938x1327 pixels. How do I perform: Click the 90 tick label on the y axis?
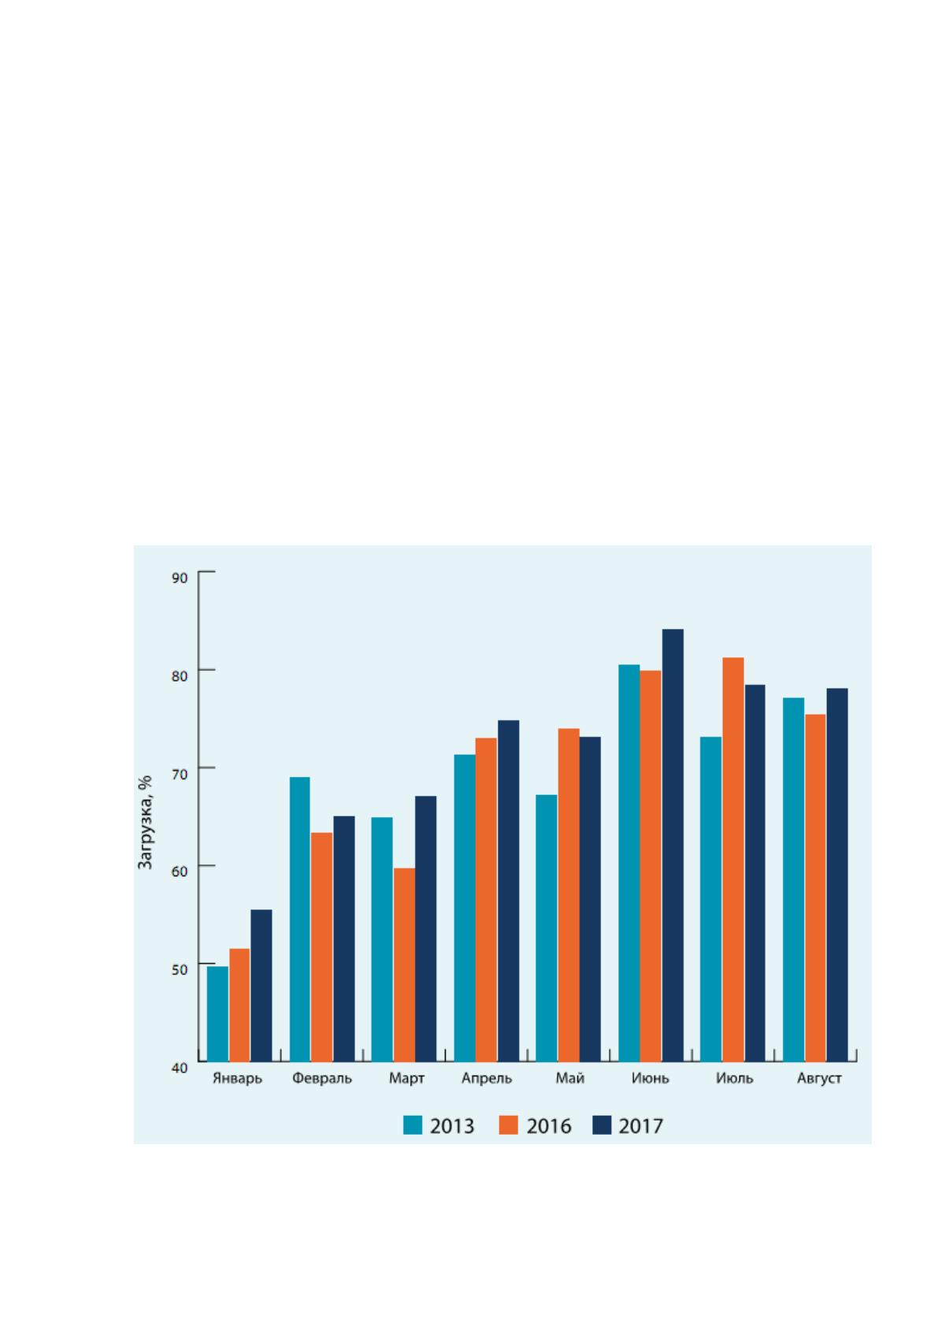180,578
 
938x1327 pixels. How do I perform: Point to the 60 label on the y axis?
180,872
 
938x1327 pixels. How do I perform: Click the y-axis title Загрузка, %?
145,822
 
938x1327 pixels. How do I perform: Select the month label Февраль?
321,1078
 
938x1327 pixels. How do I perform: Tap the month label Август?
819,1078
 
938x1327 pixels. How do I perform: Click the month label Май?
569,1078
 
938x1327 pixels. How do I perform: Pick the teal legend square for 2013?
413,1125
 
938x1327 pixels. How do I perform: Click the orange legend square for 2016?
508,1125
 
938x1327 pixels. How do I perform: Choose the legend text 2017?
641,1125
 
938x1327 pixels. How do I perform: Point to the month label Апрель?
486,1078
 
